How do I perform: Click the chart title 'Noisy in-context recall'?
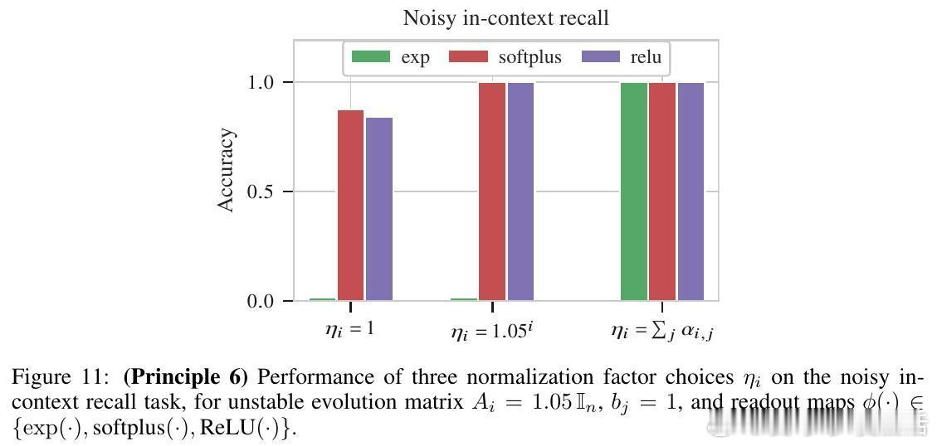pyautogui.click(x=505, y=17)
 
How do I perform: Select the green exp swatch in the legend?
pyautogui.click(x=370, y=57)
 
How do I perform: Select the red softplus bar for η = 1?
pyautogui.click(x=350, y=205)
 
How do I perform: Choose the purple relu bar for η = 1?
pyautogui.click(x=379, y=209)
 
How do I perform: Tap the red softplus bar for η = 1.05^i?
pyautogui.click(x=492, y=191)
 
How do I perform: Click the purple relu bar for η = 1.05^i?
pyautogui.click(x=520, y=191)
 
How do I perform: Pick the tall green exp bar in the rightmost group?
pyautogui.click(x=634, y=191)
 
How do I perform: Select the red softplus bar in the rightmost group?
pyautogui.click(x=662, y=191)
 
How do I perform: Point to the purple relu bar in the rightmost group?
pyautogui.click(x=691, y=191)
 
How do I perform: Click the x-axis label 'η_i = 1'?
pyautogui.click(x=349, y=329)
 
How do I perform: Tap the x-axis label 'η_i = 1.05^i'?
pyautogui.click(x=491, y=332)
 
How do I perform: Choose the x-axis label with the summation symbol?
pyautogui.click(x=662, y=332)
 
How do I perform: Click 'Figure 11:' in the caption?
pyautogui.click(x=51, y=377)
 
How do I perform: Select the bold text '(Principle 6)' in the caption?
pyautogui.click(x=185, y=377)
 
